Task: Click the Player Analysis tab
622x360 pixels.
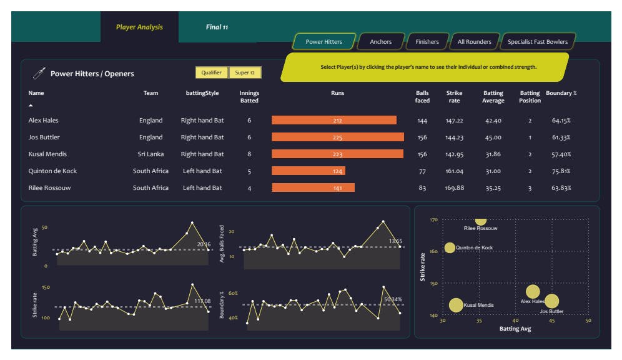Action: tap(139, 27)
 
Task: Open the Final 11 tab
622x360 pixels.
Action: tap(217, 27)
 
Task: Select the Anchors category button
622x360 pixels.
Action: tap(381, 42)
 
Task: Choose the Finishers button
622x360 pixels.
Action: tap(427, 42)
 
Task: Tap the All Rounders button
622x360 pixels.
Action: tap(474, 42)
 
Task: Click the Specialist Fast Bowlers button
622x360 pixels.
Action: tap(538, 42)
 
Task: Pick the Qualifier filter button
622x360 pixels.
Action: tap(212, 72)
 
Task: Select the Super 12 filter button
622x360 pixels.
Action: tap(245, 72)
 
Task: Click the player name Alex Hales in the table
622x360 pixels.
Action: tap(44, 120)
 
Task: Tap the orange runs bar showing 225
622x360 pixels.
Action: tap(337, 137)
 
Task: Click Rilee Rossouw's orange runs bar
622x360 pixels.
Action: tap(313, 187)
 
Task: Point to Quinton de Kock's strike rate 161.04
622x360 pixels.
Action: tap(455, 171)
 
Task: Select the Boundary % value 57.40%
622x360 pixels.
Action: tap(561, 154)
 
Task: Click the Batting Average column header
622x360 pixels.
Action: tap(493, 97)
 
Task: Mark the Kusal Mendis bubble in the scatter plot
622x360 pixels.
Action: tap(457, 305)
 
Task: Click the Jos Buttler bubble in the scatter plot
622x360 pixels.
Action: tap(551, 301)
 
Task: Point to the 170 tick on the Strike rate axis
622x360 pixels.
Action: tap(434, 220)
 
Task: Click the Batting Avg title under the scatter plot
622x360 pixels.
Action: tap(515, 329)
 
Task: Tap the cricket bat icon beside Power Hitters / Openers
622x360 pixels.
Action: tap(39, 73)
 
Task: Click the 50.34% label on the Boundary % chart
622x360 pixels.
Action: tap(393, 299)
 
